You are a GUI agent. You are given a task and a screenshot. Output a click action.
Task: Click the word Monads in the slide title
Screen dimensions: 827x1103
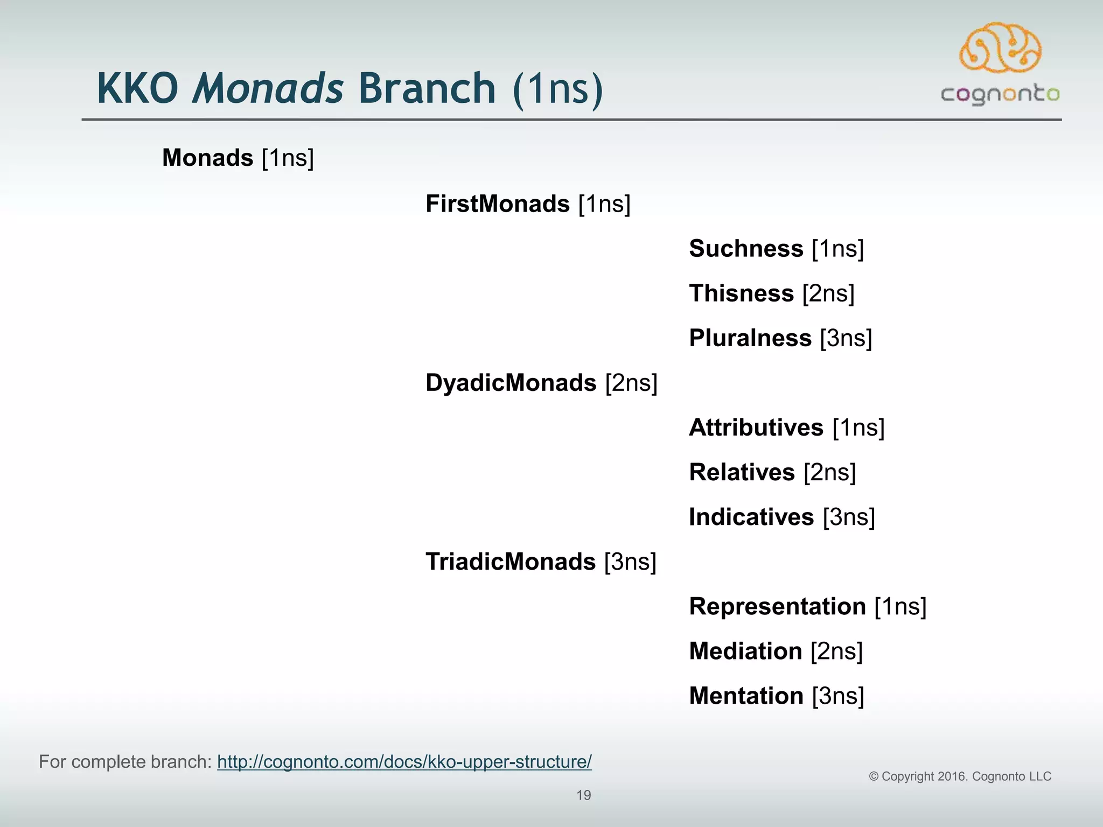(x=268, y=89)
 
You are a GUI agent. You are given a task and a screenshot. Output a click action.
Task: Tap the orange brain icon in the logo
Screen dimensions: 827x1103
(x=1000, y=48)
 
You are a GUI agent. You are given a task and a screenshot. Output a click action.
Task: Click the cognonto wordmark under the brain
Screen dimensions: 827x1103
(x=1000, y=95)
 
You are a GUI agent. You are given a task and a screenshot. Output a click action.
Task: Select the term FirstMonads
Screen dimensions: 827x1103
(x=497, y=204)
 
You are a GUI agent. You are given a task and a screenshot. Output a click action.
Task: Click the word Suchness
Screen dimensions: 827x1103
(x=746, y=249)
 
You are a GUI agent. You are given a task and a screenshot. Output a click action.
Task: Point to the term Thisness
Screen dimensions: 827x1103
(x=742, y=293)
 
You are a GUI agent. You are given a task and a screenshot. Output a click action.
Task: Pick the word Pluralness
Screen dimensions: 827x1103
(x=750, y=338)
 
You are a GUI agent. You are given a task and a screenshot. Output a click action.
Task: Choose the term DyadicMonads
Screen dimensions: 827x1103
(x=511, y=383)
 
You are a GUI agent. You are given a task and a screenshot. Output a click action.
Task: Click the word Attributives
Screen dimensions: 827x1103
(x=756, y=427)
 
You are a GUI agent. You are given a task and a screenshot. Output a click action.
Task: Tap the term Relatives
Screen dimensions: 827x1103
(x=742, y=472)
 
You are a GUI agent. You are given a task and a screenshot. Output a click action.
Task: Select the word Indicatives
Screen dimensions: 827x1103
(x=751, y=517)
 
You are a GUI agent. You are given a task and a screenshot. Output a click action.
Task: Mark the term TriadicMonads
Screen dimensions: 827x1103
(x=510, y=562)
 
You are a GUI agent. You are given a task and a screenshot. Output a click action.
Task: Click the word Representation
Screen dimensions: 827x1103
(x=777, y=606)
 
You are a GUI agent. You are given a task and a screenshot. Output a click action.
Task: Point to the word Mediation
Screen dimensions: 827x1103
(x=745, y=651)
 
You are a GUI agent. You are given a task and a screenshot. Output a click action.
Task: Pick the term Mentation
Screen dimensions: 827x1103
(x=746, y=696)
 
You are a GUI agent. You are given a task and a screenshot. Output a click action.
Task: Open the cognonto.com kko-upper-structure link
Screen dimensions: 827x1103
(x=404, y=762)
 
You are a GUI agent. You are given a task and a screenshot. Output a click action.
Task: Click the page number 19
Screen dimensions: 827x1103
(x=584, y=795)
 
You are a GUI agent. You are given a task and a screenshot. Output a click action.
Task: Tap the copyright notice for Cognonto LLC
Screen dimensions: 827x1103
(x=960, y=776)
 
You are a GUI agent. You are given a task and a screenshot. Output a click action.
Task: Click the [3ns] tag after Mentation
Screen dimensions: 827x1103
(x=838, y=696)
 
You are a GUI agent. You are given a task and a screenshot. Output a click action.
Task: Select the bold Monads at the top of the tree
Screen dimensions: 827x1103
(x=207, y=158)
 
